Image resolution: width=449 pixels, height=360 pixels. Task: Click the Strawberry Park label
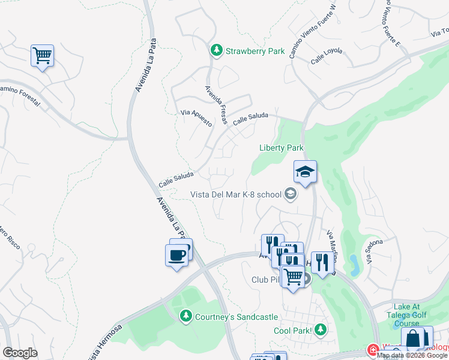tap(255, 51)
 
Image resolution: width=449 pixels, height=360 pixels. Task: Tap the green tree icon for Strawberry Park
tap(217, 51)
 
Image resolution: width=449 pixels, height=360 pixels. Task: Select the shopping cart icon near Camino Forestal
tap(42, 56)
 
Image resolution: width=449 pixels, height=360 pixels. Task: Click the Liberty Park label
tap(282, 148)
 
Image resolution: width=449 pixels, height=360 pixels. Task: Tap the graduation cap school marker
tap(305, 172)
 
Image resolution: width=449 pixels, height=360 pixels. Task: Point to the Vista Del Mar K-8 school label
tap(236, 194)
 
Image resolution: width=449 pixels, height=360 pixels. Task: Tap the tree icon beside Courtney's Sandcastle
tap(187, 316)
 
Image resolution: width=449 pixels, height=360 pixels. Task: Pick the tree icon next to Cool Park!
tap(321, 329)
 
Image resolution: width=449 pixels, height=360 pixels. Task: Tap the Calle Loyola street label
tap(327, 56)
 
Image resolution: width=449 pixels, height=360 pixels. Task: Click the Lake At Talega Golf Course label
tap(407, 315)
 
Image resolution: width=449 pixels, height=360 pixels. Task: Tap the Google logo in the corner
tap(20, 352)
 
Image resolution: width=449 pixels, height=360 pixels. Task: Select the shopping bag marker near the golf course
tap(414, 339)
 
